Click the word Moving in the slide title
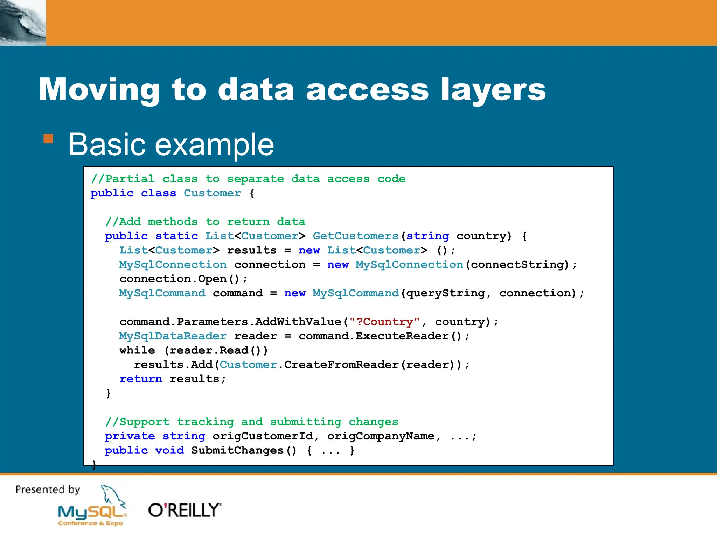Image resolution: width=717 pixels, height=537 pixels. (x=99, y=90)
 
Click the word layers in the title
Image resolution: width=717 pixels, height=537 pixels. (x=493, y=90)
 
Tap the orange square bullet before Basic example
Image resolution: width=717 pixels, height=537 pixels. (x=48, y=139)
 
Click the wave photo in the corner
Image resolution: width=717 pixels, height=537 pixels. (x=23, y=23)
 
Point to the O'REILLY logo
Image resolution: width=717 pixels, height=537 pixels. (x=185, y=510)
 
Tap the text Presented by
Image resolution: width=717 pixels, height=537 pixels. (x=48, y=489)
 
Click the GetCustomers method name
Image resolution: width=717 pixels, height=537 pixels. (x=355, y=236)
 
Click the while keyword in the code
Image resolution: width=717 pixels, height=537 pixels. (x=137, y=350)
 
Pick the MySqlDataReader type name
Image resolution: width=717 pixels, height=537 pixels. (x=173, y=336)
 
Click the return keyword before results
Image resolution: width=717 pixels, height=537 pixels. (x=141, y=379)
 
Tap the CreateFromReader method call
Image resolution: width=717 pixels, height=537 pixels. (x=341, y=365)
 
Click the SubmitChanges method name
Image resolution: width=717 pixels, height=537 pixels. (x=238, y=450)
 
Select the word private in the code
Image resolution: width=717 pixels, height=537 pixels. (x=130, y=436)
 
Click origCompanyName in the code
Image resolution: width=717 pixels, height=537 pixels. (x=381, y=436)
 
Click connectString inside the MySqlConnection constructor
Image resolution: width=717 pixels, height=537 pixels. (x=517, y=265)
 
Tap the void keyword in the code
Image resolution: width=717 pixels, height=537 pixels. (x=169, y=450)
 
